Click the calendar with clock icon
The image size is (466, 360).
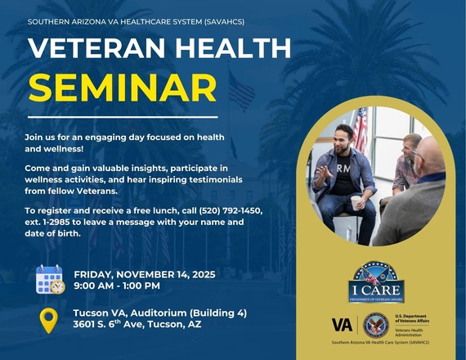[x=50, y=280]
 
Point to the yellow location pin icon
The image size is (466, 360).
[x=50, y=319]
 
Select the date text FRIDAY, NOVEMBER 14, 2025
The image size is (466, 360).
[x=145, y=274]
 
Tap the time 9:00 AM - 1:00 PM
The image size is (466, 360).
[x=117, y=286]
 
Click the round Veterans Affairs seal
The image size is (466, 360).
[x=375, y=325]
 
